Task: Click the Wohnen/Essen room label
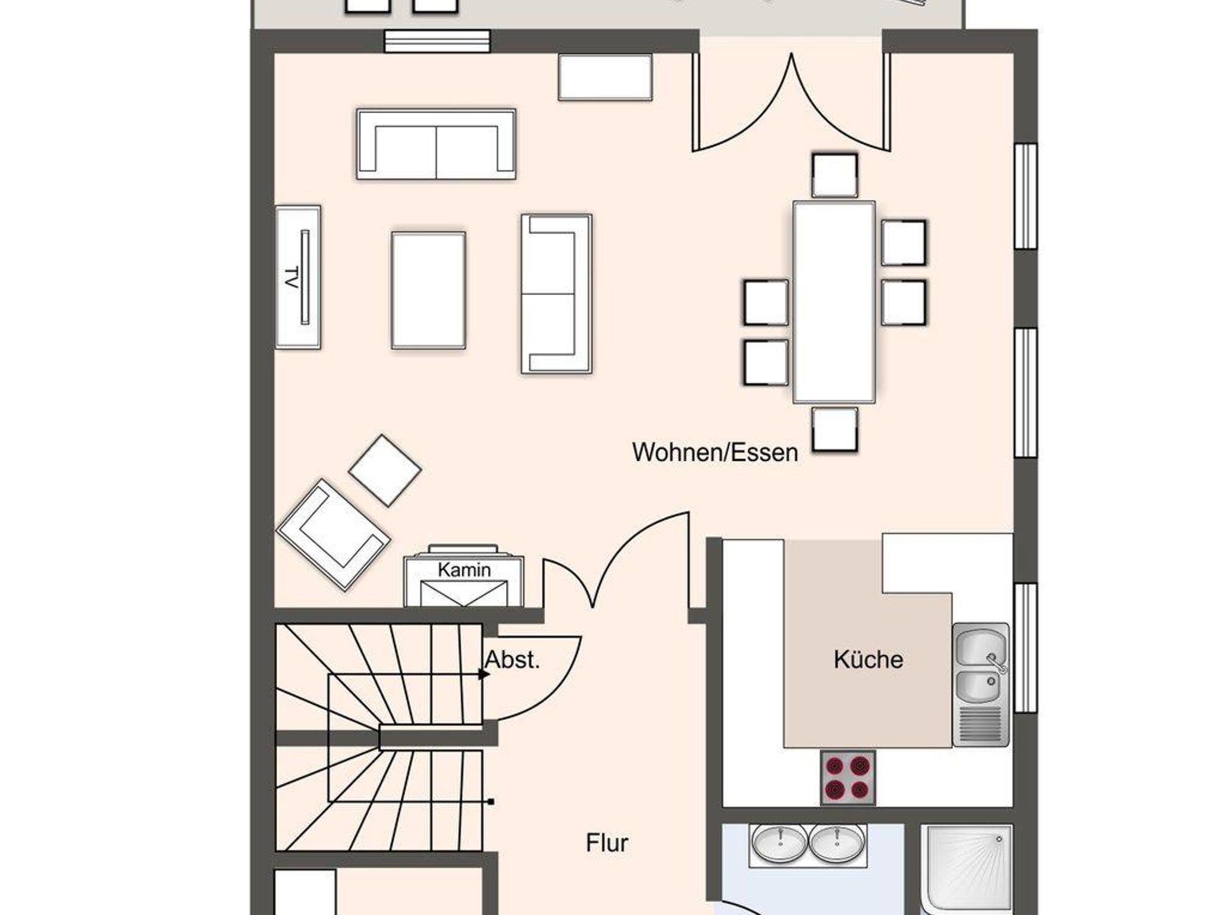point(715,453)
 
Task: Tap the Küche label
point(868,659)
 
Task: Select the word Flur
point(607,843)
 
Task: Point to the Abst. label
point(513,659)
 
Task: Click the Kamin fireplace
point(464,576)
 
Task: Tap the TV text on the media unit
point(291,278)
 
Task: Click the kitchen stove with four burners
point(847,778)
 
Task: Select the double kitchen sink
point(981,684)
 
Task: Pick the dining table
point(834,302)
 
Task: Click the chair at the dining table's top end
point(835,175)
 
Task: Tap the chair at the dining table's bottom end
point(835,429)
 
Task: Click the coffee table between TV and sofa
point(428,290)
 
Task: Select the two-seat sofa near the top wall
point(436,144)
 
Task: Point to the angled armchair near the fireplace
point(333,534)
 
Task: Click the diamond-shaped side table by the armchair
point(385,470)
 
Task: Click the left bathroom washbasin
point(780,842)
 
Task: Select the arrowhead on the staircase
point(484,675)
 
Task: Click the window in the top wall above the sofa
point(437,41)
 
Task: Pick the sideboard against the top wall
point(605,77)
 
